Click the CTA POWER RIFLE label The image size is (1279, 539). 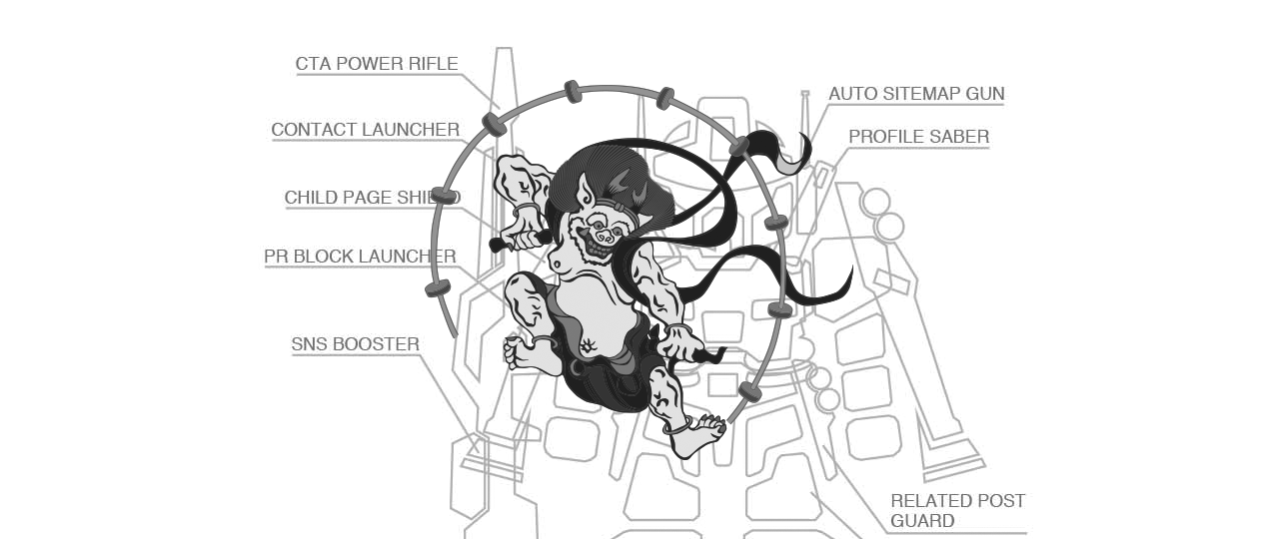tap(377, 63)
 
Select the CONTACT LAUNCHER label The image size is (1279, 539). tap(366, 130)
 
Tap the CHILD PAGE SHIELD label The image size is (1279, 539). tap(373, 198)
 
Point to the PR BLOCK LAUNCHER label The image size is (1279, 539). tap(360, 257)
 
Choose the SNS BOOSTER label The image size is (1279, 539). tap(355, 344)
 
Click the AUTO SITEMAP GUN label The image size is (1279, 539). tap(916, 94)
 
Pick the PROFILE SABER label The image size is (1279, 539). tap(918, 137)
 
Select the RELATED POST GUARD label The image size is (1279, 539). tap(957, 510)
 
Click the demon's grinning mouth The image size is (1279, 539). tap(597, 244)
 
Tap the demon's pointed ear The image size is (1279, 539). tap(586, 191)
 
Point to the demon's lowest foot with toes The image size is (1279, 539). tap(698, 434)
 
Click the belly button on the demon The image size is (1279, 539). tap(588, 344)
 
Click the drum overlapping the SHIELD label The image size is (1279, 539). tap(445, 197)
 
